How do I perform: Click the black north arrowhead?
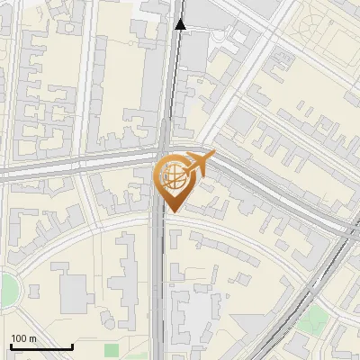181,24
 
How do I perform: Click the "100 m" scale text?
23,338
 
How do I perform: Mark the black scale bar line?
41,347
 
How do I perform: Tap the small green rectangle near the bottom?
112,350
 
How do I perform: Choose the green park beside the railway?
313,319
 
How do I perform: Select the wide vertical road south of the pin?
158,288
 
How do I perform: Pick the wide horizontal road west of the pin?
72,166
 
